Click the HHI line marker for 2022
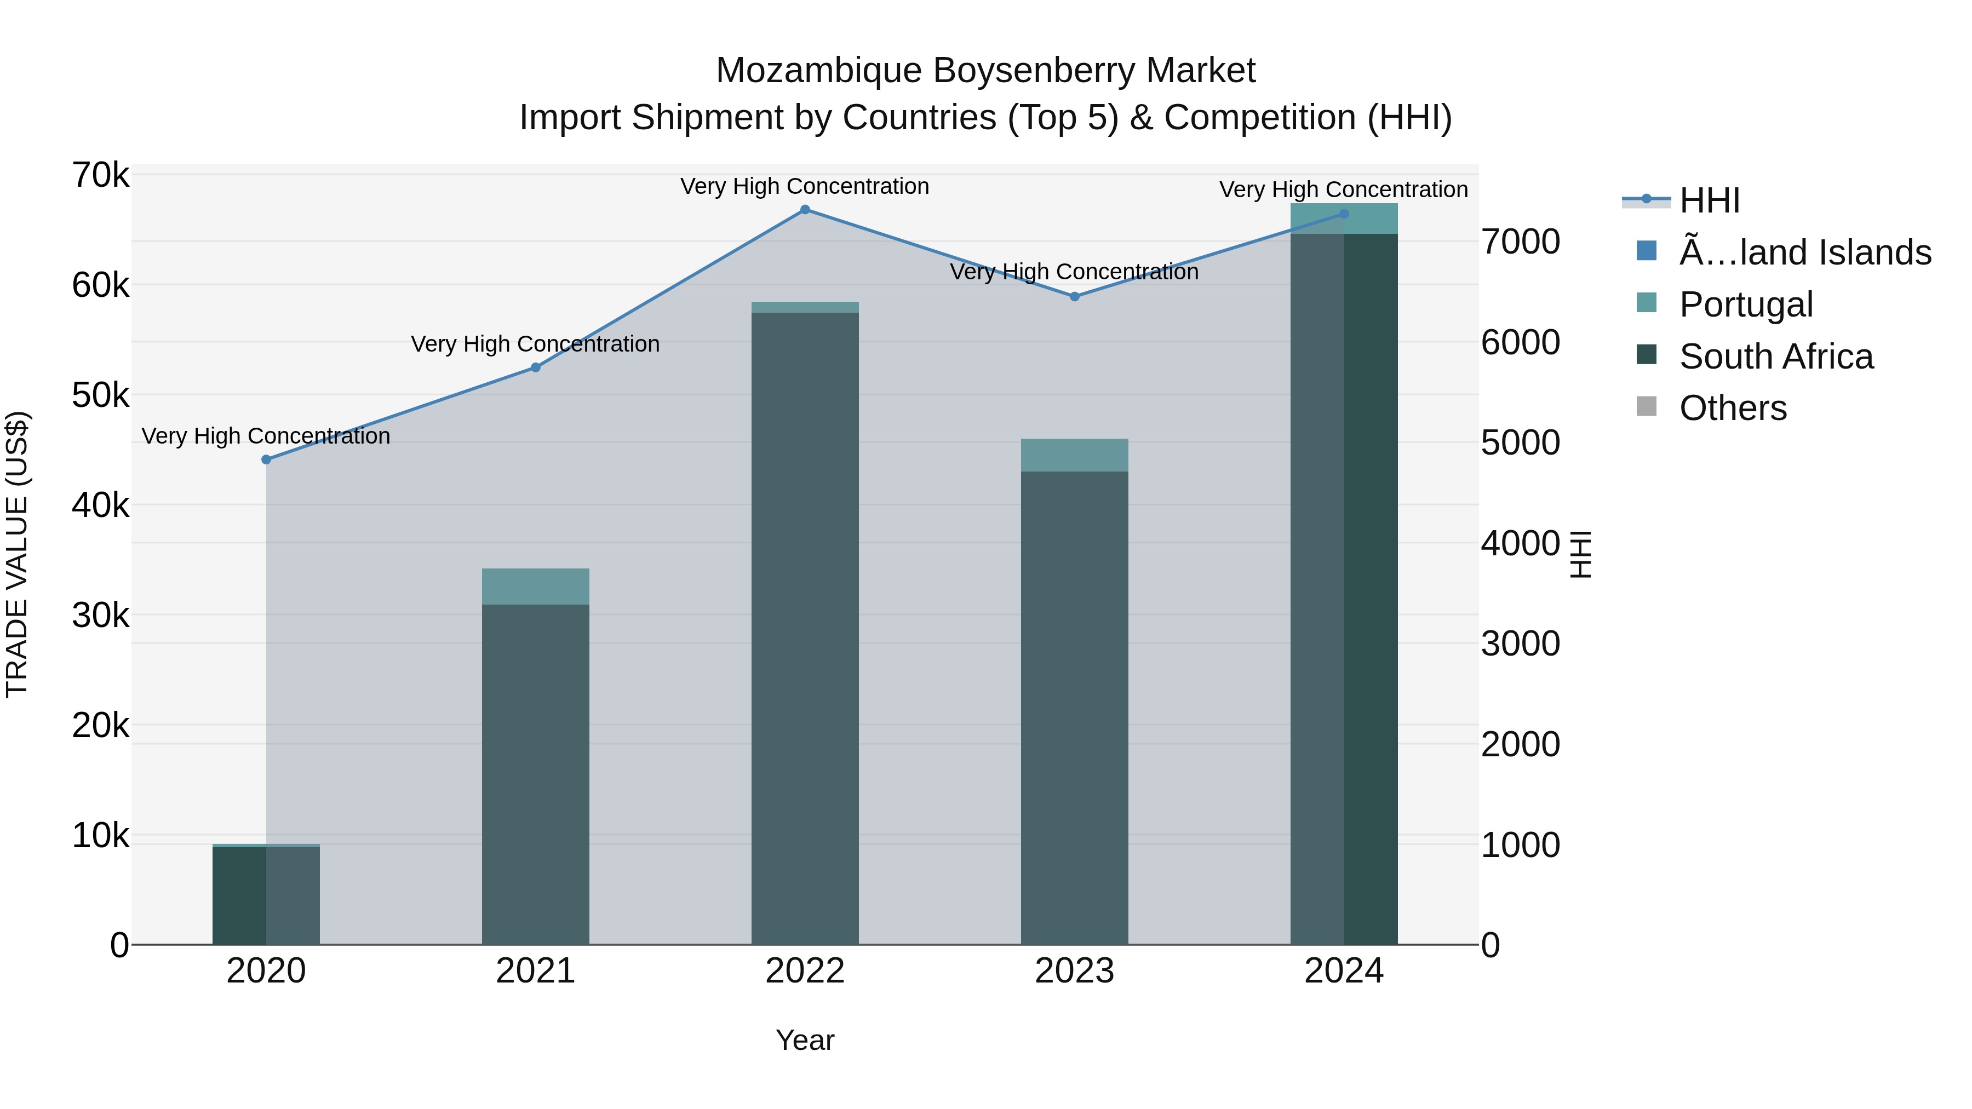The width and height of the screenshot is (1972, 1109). click(x=805, y=210)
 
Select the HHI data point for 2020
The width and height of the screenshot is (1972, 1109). click(x=266, y=460)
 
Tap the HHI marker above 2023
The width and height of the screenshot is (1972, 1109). click(x=1074, y=296)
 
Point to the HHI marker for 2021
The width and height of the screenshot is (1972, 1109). click(x=536, y=367)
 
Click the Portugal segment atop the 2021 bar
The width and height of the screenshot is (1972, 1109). click(x=536, y=586)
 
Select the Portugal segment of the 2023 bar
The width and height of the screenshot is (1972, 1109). click(x=1074, y=456)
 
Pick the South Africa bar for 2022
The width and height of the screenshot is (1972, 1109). click(x=805, y=628)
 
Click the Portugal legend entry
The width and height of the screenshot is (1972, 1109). click(x=1745, y=304)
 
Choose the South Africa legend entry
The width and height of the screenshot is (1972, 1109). click(x=1775, y=357)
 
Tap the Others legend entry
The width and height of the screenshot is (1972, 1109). click(x=1733, y=409)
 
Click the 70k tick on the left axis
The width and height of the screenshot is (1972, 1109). click(x=100, y=175)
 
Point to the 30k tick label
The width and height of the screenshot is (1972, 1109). click(x=100, y=616)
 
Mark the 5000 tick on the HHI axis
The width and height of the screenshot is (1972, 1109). click(x=1520, y=443)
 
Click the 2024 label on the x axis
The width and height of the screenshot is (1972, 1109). click(x=1344, y=971)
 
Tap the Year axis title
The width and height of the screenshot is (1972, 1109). click(x=805, y=1040)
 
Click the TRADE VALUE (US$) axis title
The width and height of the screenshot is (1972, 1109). click(x=18, y=554)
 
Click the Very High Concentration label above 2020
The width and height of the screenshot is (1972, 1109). click(x=266, y=436)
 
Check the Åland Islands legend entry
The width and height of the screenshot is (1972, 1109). click(x=1804, y=252)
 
